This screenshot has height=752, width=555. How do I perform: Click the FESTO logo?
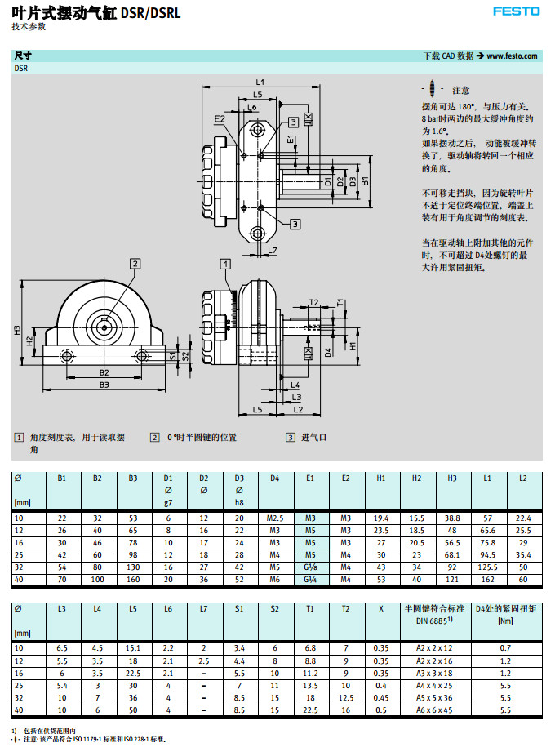[517, 11]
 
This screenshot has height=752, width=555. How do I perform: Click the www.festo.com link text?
[513, 56]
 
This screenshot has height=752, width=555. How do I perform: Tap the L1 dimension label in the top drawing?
[260, 82]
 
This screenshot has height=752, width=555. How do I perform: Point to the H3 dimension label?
[16, 330]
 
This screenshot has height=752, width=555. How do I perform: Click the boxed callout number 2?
[135, 263]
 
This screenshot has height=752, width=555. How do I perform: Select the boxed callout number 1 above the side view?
[225, 263]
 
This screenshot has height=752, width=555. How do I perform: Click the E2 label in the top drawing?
[220, 119]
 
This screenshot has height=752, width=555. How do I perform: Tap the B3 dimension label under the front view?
[104, 384]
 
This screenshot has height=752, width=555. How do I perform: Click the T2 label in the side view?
[313, 303]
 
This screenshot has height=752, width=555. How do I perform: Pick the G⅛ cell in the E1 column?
[310, 567]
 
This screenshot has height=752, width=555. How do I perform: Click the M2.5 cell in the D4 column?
[274, 518]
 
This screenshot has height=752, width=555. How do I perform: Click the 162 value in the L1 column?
[487, 580]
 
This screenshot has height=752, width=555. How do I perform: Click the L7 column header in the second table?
[203, 609]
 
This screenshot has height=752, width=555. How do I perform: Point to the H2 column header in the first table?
[416, 478]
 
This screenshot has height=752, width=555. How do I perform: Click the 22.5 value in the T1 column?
[310, 687]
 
